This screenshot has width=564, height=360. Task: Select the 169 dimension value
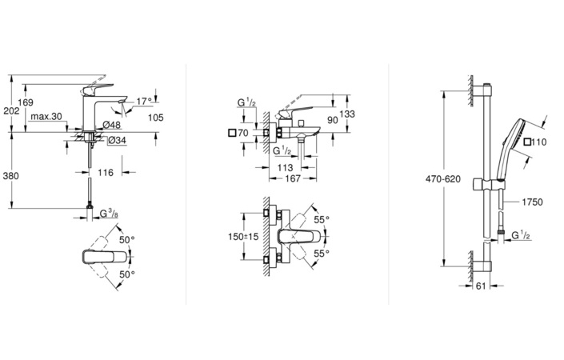pyautogui.click(x=26, y=102)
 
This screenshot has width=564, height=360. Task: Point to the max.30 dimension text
pyautogui.click(x=46, y=118)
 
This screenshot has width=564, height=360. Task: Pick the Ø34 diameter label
pyautogui.click(x=116, y=141)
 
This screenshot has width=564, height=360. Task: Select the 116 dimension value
pyautogui.click(x=104, y=173)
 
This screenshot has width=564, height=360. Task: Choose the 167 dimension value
pyautogui.click(x=292, y=178)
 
